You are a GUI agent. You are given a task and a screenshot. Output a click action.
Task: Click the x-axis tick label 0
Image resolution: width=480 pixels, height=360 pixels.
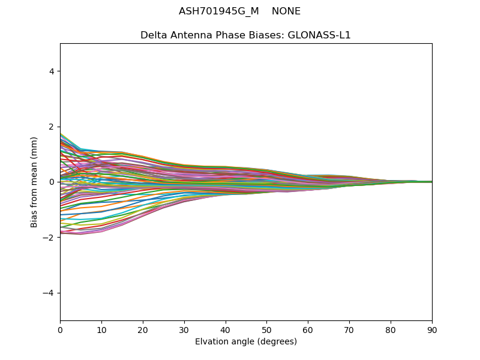[60, 329]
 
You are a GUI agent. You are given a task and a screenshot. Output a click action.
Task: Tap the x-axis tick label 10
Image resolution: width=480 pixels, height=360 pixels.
[101, 329]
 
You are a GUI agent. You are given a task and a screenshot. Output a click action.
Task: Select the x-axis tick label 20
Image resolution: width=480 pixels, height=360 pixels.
[143, 329]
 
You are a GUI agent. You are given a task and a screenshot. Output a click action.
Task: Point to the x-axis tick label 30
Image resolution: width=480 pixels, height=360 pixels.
[184, 329]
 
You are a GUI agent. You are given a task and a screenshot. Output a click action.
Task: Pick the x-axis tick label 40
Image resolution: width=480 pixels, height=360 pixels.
[226, 329]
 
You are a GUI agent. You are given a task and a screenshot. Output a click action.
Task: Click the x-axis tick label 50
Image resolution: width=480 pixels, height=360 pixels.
[266, 329]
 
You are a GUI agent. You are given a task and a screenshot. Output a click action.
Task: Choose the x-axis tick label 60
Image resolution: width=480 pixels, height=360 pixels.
[308, 329]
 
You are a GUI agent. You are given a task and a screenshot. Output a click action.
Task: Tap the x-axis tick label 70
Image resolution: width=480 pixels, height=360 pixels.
[349, 329]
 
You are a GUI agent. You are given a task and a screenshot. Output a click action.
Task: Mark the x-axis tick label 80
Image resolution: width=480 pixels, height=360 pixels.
[391, 329]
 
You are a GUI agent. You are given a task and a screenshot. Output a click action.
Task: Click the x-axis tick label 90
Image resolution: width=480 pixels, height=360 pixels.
[432, 329]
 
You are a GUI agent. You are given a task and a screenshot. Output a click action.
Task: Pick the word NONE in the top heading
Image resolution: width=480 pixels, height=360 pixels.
[286, 11]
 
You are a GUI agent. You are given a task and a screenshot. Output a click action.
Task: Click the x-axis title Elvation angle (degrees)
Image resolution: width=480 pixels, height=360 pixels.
[246, 341]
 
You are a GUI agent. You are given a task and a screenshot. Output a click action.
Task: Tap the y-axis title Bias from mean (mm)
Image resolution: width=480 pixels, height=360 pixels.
[35, 182]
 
